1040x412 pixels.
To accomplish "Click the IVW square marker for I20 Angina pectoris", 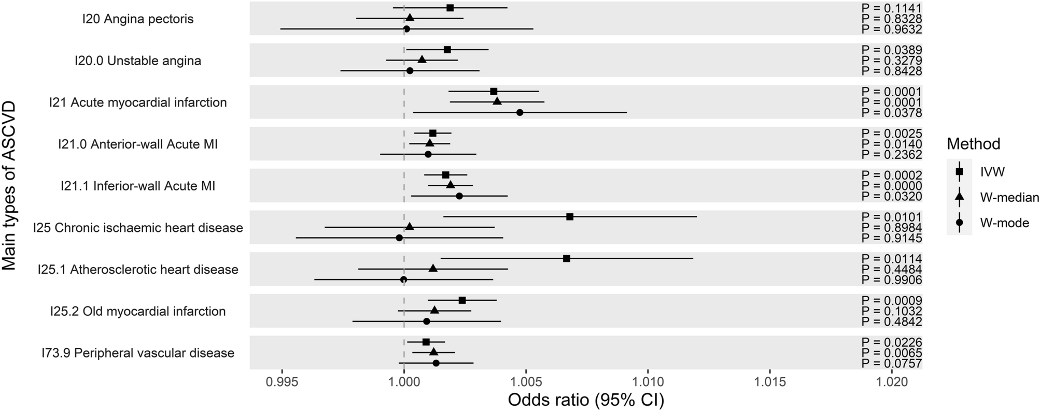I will (450, 8).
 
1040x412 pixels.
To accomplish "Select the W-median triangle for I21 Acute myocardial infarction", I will (497, 101).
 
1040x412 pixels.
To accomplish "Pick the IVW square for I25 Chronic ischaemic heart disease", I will (570, 216).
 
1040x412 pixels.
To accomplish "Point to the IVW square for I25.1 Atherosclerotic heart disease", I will (567, 258).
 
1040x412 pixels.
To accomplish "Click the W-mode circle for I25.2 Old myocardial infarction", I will (427, 321).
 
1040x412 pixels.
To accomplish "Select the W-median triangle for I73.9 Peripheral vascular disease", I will (433, 352).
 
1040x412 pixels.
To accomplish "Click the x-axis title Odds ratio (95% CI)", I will (586, 401).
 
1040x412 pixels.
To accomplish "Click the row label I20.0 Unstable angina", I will (138, 61).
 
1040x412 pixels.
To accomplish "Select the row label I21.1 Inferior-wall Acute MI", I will (137, 186).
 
